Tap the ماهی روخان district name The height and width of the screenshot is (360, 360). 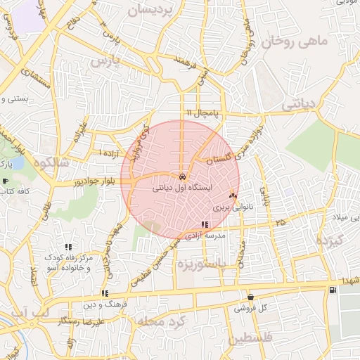pyautogui.click(x=295, y=42)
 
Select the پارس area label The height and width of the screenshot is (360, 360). pyautogui.click(x=106, y=62)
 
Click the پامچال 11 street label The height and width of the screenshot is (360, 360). pyautogui.click(x=203, y=113)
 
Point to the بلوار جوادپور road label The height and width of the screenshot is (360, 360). pyautogui.click(x=77, y=182)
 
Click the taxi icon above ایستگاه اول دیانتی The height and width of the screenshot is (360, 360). pyautogui.click(x=182, y=176)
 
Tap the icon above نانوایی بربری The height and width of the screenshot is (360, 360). pyautogui.click(x=233, y=195)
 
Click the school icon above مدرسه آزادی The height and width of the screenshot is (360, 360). pyautogui.click(x=205, y=225)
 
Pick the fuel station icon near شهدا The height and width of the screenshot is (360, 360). pyautogui.click(x=331, y=290)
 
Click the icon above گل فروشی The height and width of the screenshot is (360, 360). pyautogui.click(x=250, y=297)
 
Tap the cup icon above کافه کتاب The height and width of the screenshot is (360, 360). pyautogui.click(x=6, y=181)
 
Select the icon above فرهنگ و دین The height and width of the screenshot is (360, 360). pyautogui.click(x=104, y=293)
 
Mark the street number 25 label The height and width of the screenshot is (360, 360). pyautogui.click(x=281, y=222)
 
